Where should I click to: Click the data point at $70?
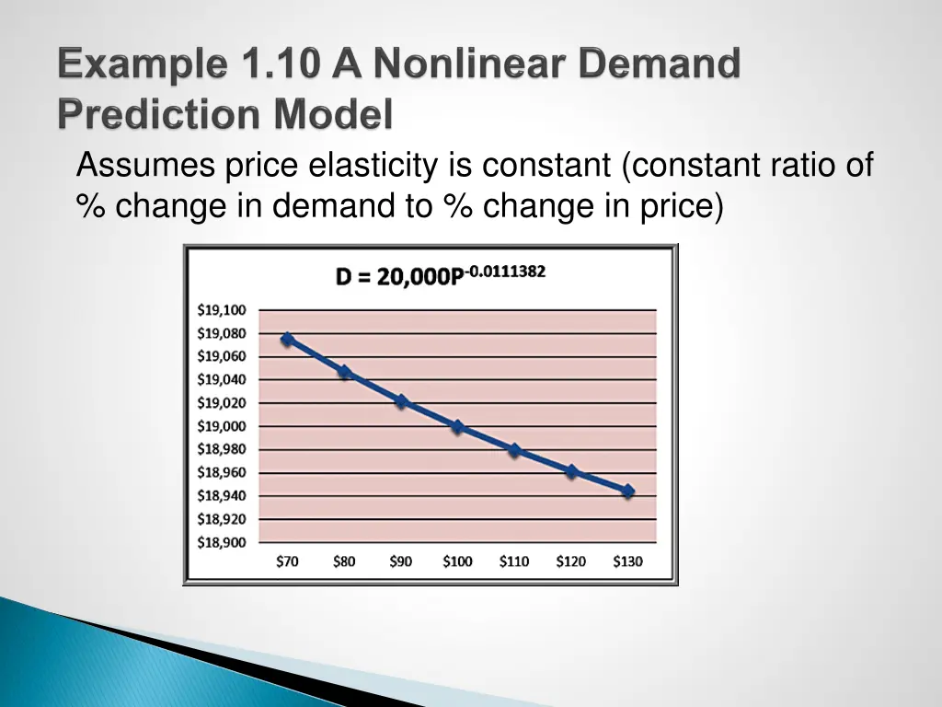[x=288, y=340]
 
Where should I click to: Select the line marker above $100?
[x=457, y=427]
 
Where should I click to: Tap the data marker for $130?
[x=628, y=492]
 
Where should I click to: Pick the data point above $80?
[x=344, y=373]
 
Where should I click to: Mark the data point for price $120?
[x=571, y=471]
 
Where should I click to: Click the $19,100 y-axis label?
[x=222, y=310]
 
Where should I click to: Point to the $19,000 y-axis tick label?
[x=222, y=426]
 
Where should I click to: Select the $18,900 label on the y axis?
[x=222, y=542]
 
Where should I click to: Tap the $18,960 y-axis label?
[x=222, y=472]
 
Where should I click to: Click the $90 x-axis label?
[x=400, y=562]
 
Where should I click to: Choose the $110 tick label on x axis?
[x=514, y=562]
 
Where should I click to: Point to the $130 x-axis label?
[x=627, y=562]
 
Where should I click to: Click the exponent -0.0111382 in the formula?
[x=505, y=271]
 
